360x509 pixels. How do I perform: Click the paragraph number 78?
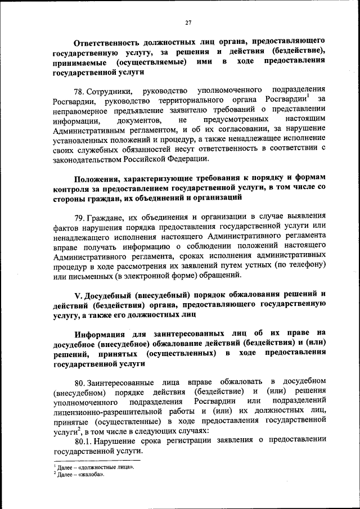tap(82, 91)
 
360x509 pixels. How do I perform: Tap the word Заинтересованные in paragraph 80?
tap(125, 383)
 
